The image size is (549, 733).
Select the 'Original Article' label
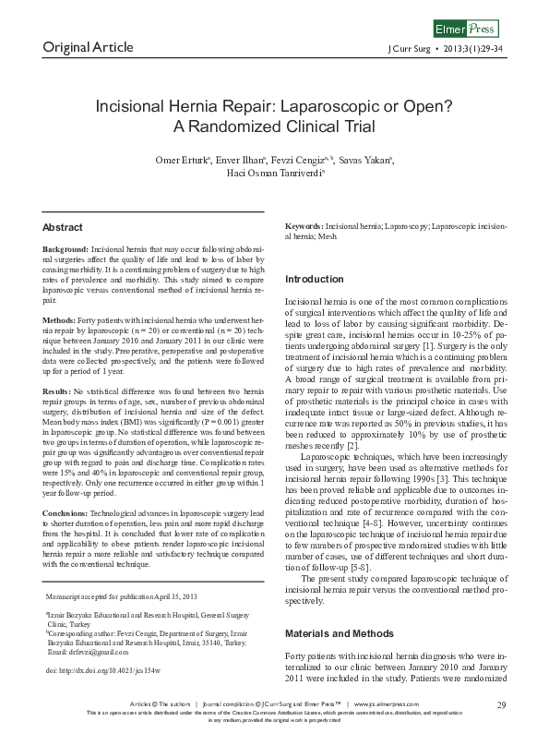pyautogui.click(x=88, y=47)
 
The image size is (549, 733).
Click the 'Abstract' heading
pyautogui.click(x=63, y=227)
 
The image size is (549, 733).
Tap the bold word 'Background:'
pyautogui.click(x=66, y=250)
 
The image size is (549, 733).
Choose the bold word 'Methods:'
pyautogui.click(x=60, y=319)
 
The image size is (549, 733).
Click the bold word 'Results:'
pyautogui.click(x=59, y=391)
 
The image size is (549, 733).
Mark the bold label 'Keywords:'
pyautogui.click(x=304, y=226)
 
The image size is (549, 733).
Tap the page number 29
pyautogui.click(x=502, y=704)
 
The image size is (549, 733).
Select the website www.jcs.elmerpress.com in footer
pyautogui.click(x=397, y=705)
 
